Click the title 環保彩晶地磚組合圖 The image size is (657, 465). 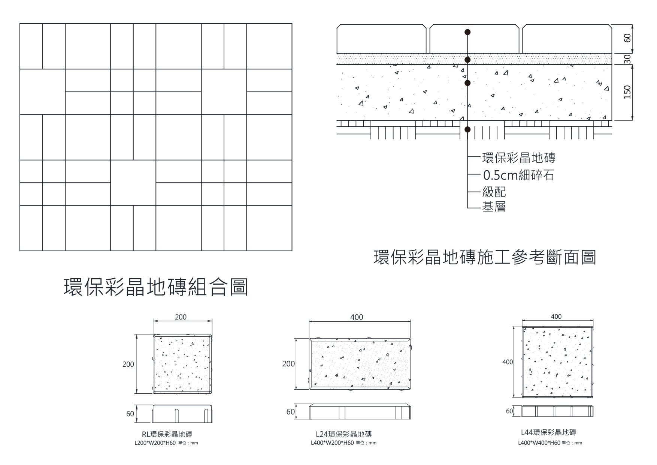pos(156,287)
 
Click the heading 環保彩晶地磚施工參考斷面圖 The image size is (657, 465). pos(485,258)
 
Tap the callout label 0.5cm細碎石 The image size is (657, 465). pos(518,175)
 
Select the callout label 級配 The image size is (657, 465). pos(494,192)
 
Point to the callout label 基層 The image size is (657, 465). pos(494,207)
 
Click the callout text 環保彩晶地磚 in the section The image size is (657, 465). pos(518,158)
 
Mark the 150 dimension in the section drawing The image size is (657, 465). pos(627,92)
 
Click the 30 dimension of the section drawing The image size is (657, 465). pos(628,59)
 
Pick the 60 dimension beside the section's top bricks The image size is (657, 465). pos(628,38)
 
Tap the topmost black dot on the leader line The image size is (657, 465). pos(467,32)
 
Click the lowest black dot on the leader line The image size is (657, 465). pos(467,130)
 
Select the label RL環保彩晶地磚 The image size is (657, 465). pos(167,434)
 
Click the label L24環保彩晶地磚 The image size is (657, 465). pos(344,434)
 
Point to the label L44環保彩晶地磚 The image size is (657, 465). pos(548,432)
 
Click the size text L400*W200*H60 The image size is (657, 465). pos(332,443)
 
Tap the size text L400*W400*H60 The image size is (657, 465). pos(539,443)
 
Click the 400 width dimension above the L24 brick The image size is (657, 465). pos(357,317)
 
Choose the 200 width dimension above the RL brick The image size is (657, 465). pos(181,317)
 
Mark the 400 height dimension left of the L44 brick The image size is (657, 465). pos(508,362)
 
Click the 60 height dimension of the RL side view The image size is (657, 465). pos(130,414)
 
